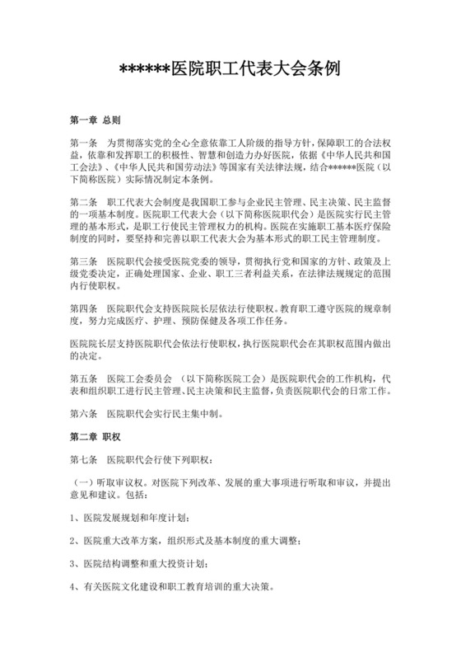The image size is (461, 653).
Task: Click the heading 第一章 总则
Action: tap(95, 119)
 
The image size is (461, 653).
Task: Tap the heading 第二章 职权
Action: tap(95, 433)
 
